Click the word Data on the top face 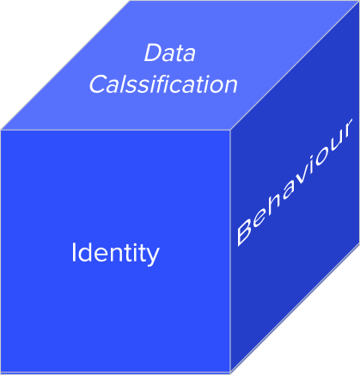(169, 52)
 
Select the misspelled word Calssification (163, 84)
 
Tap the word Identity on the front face (115, 254)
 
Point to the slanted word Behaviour (294, 182)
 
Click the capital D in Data (153, 52)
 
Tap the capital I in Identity (74, 252)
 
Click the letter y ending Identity (153, 257)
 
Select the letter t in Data (180, 54)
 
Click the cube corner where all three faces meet (230, 130)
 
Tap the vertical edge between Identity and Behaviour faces (230, 252)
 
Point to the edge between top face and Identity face (115, 130)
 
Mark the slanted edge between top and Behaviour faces (295, 66)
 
